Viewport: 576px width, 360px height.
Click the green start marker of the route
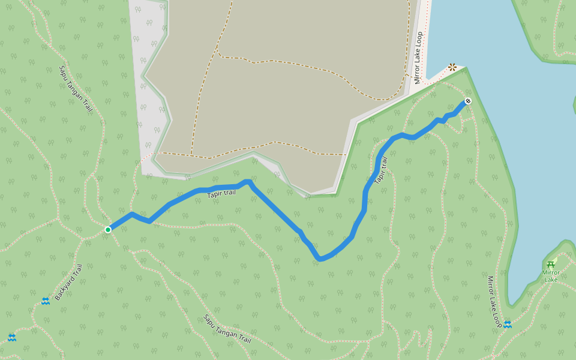click(108, 230)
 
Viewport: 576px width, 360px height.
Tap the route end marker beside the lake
click(468, 101)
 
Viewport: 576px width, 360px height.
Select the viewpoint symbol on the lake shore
click(452, 67)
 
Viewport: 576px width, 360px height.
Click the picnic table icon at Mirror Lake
click(551, 265)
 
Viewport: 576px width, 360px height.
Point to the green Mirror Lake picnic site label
click(551, 276)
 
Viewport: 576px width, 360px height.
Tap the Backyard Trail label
click(68, 282)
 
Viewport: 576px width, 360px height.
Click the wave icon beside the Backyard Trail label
click(46, 301)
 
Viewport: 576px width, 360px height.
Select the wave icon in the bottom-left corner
click(12, 338)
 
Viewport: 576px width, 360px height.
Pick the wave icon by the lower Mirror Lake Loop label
click(508, 325)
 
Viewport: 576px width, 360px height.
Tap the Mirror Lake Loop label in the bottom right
click(494, 302)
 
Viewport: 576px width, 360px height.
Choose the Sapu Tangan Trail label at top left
click(76, 89)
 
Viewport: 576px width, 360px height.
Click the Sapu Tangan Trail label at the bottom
click(227, 329)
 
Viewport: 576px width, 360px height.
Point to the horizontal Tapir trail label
click(221, 193)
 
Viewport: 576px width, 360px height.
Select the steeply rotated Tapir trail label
click(381, 170)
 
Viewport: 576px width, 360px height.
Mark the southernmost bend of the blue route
click(320, 260)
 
